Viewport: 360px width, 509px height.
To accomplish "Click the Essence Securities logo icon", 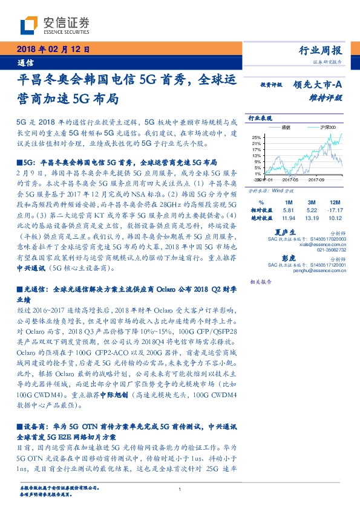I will pos(30,24).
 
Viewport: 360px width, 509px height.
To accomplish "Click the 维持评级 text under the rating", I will pos(329,97).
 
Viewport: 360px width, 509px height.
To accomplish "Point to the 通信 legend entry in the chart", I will pos(285,128).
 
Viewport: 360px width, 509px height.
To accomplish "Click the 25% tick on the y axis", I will pos(257,137).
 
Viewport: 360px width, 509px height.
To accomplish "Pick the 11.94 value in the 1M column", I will pos(288,218).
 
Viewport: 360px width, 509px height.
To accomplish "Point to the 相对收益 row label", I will pos(261,210).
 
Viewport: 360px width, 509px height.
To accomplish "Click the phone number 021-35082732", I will pos(330,249).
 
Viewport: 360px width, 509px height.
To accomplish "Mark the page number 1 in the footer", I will pos(180,490).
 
